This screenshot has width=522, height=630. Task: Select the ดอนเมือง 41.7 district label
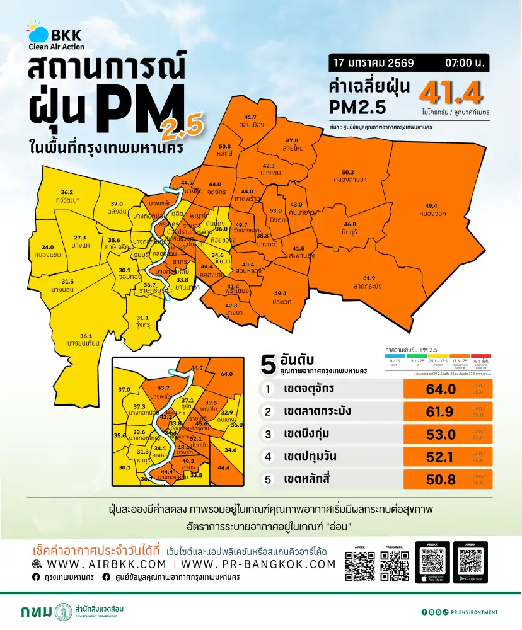pos(250,121)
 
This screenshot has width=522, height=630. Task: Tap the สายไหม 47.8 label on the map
pos(292,144)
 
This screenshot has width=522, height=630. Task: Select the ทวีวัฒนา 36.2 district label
pos(67,195)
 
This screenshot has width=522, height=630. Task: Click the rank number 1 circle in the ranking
pos(268,389)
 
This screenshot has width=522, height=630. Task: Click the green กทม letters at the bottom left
pos(36,612)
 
